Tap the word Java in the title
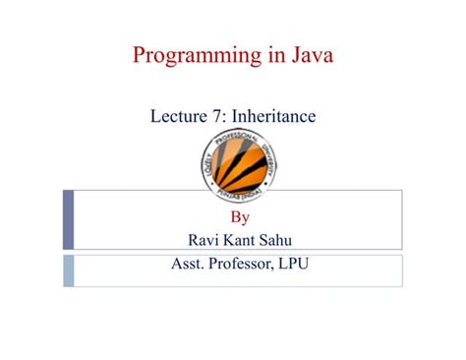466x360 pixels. point(306,55)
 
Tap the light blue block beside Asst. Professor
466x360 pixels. point(68,270)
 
